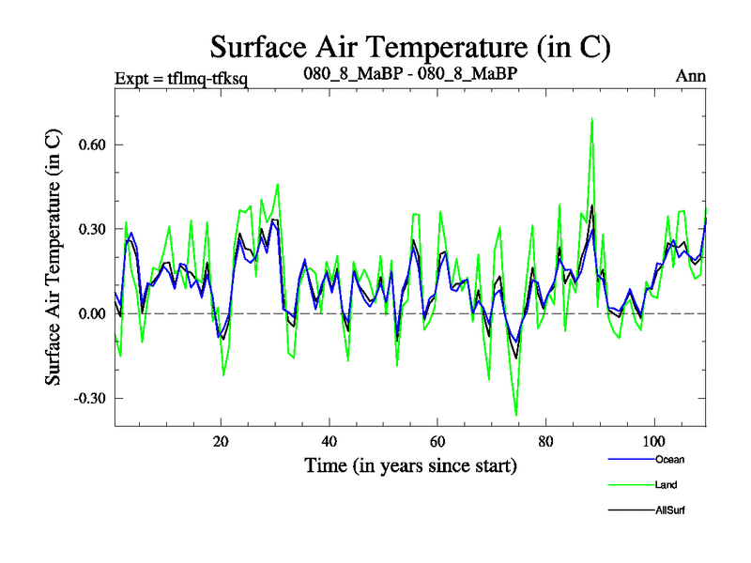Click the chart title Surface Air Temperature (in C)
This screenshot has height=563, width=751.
410,46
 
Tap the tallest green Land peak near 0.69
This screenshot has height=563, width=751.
591,120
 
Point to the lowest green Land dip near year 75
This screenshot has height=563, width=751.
516,414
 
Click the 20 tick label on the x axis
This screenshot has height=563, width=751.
221,441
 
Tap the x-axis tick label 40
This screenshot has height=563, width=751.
330,441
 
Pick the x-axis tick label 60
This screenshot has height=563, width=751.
437,441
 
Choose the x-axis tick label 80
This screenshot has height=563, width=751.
545,441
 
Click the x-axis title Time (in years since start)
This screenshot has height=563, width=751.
410,464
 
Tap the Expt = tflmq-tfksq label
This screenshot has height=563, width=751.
180,76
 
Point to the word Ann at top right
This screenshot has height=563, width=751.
691,76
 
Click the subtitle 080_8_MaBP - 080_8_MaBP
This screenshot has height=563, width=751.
410,73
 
